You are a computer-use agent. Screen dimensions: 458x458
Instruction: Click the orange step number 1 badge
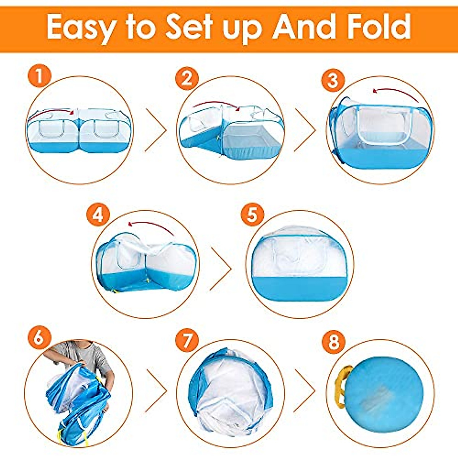pyautogui.click(x=39, y=77)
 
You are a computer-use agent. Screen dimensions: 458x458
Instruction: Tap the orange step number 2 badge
pyautogui.click(x=187, y=79)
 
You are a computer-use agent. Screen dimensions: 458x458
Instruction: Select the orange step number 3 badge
pyautogui.click(x=333, y=81)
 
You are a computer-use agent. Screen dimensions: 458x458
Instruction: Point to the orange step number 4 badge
pyautogui.click(x=98, y=215)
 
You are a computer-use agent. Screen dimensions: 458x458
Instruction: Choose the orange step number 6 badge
pyautogui.click(x=39, y=337)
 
